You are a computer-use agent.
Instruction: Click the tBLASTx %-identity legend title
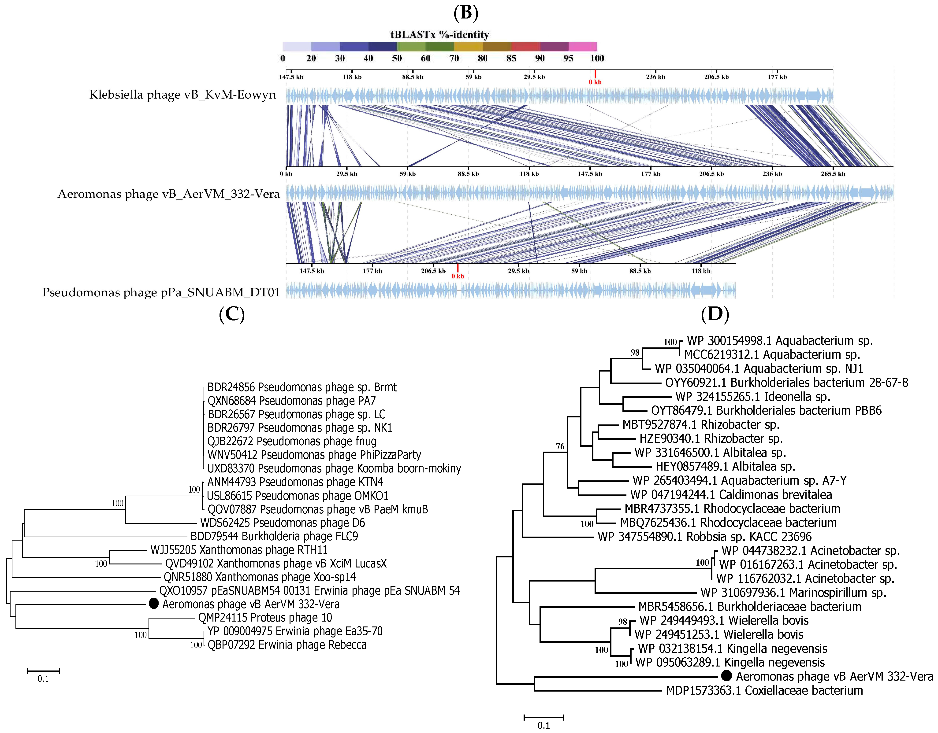(x=439, y=35)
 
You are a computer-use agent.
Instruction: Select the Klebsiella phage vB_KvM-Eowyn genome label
(x=182, y=95)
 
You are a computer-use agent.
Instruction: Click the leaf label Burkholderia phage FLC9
(x=274, y=536)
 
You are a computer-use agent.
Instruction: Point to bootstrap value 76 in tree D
(x=560, y=446)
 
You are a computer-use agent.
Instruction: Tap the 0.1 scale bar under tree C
(x=43, y=671)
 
